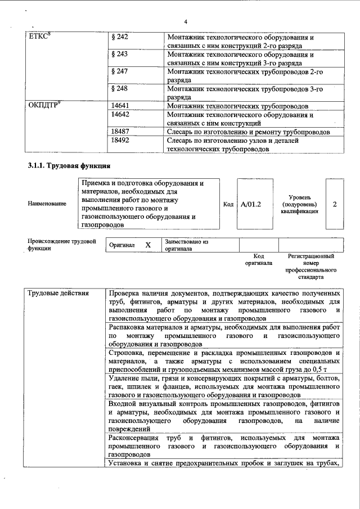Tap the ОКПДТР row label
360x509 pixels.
coord(43,105)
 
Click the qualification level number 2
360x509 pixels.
coord(335,204)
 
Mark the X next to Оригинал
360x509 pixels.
coord(148,245)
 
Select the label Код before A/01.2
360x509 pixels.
coord(228,204)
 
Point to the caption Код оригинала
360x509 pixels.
coord(259,259)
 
